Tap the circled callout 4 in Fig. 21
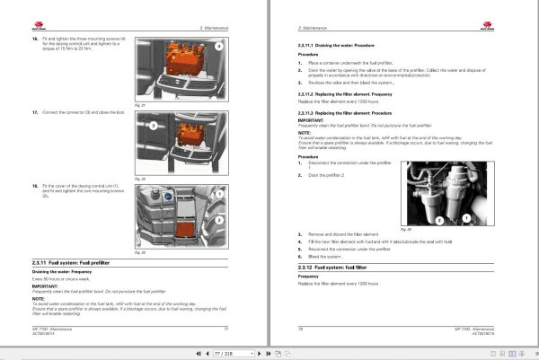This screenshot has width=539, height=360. pyautogui.click(x=216, y=45)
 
